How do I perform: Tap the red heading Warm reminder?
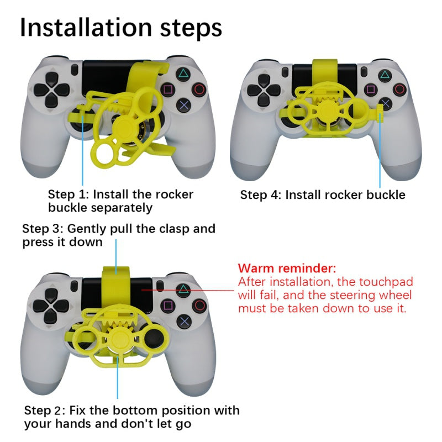287,269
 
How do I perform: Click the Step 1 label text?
120,201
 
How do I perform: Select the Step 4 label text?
322,194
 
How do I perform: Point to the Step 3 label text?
118,235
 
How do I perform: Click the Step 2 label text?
131,417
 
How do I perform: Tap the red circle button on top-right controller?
400,89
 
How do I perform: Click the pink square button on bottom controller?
167,306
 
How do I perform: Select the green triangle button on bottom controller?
183,290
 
